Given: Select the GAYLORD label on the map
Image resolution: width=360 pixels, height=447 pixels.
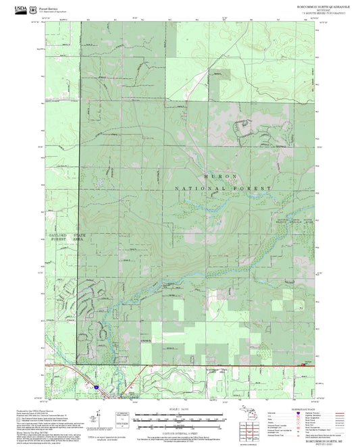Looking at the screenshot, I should [x=57, y=235].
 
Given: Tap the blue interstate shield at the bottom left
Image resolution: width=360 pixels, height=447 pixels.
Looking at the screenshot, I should [x=97, y=387].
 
